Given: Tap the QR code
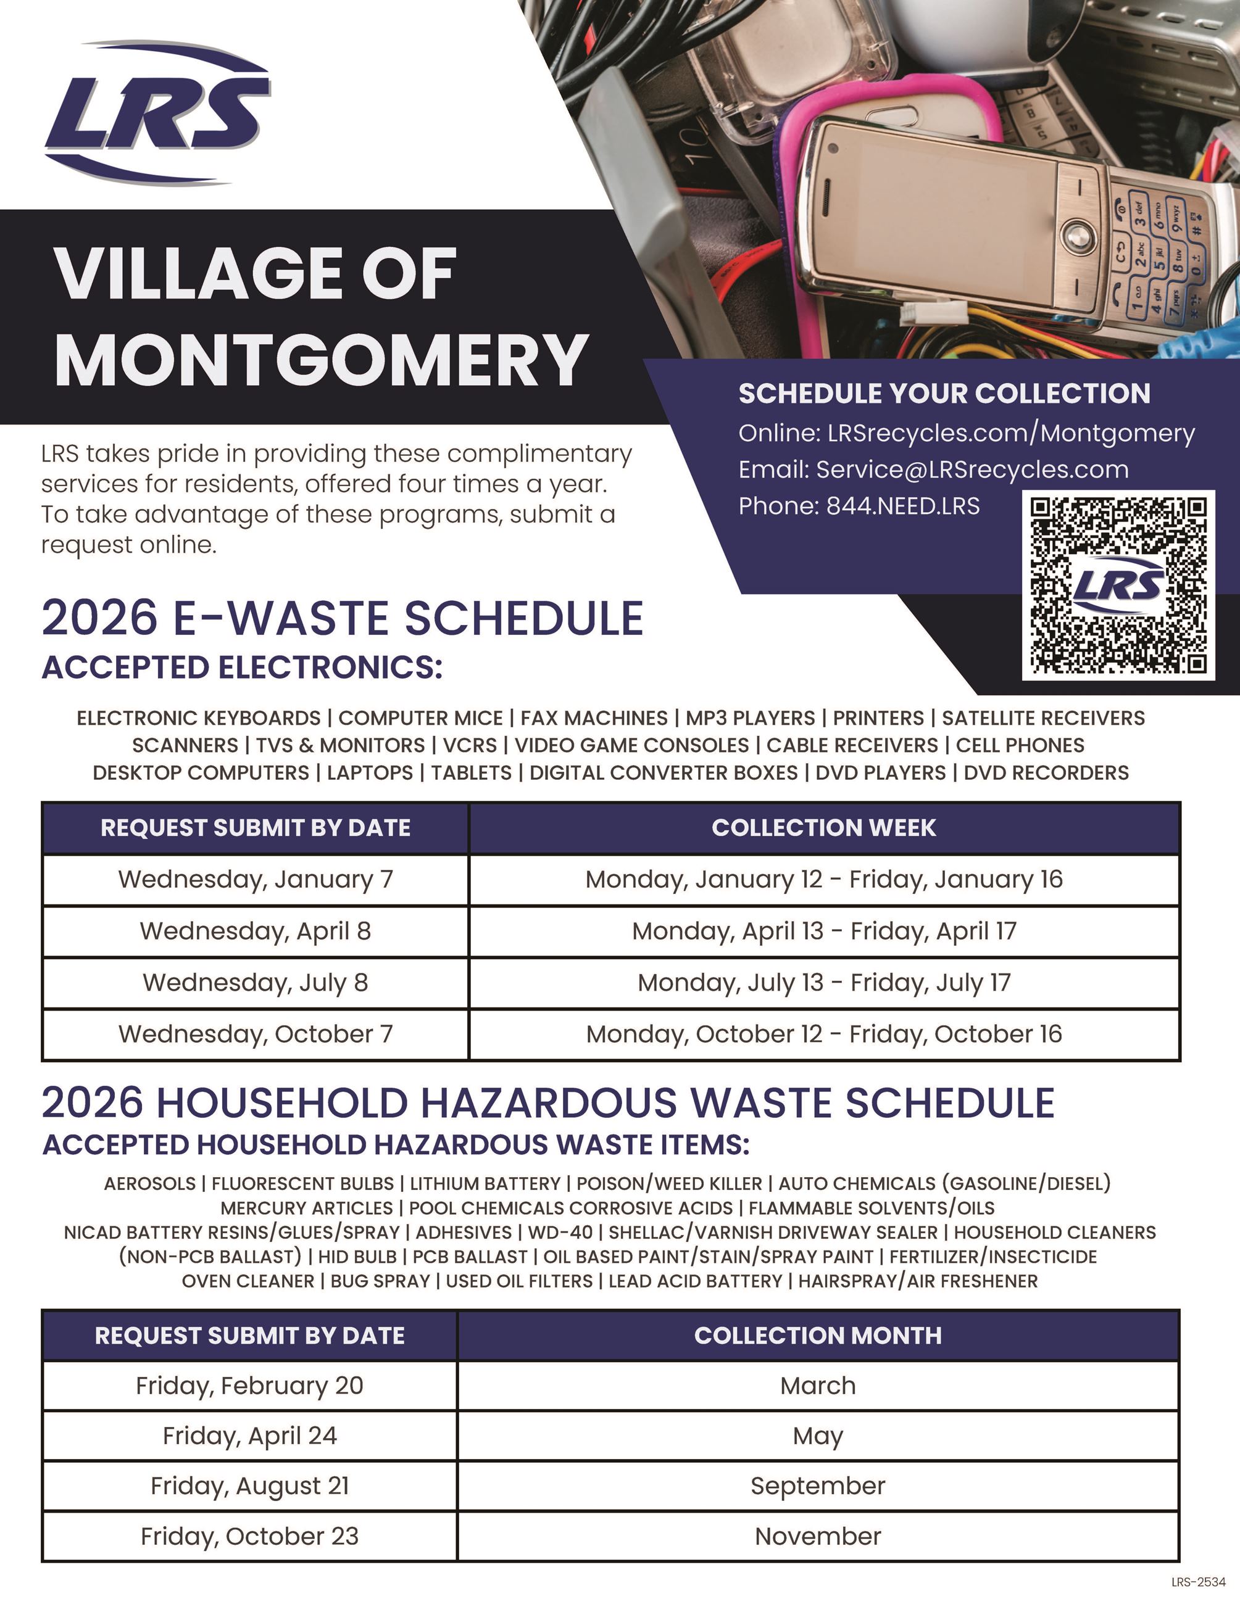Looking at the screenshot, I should [x=1117, y=585].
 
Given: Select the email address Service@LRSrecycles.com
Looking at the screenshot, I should [x=972, y=469].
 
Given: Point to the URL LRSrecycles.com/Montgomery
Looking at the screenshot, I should [x=1011, y=433].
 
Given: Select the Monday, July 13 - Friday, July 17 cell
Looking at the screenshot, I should [x=823, y=983].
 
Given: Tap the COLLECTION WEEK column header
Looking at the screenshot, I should [x=823, y=828].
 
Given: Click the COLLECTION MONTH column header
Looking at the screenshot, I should [x=818, y=1335].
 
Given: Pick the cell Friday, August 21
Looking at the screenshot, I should [x=250, y=1486].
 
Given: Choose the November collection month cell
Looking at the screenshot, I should [x=818, y=1536].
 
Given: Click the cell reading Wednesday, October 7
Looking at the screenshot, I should [x=256, y=1034].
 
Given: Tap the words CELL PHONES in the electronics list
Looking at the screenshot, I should [x=1020, y=745].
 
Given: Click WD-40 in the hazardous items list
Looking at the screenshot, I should [x=560, y=1233].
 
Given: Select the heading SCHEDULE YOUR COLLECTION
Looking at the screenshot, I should [x=944, y=394].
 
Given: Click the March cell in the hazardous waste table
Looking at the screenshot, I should [x=818, y=1386].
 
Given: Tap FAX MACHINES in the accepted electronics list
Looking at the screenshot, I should [x=594, y=718].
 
